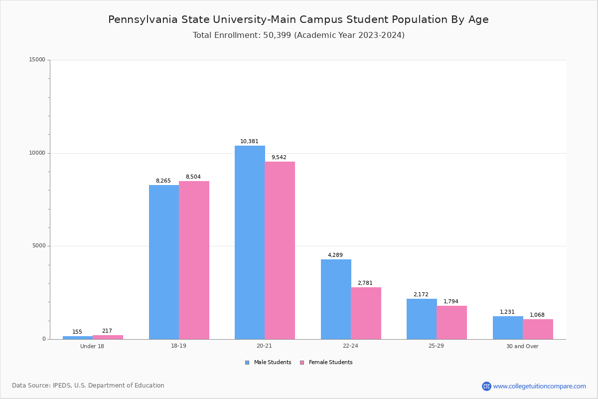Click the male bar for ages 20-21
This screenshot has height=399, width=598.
coord(250,242)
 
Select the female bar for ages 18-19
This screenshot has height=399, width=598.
coord(194,260)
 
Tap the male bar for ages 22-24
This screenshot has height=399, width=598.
coord(336,299)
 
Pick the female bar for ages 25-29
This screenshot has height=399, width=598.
coord(451,322)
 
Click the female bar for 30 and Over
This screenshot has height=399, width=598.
coord(538,329)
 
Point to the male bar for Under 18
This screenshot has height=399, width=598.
coord(78,338)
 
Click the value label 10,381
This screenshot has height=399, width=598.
coord(249,142)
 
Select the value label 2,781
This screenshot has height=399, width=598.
coord(365,283)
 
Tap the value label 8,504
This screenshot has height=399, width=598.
coord(193,177)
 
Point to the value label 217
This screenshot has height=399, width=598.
coord(107,331)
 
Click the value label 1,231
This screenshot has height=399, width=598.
coord(507,312)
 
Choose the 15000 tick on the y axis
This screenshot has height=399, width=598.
coord(37,60)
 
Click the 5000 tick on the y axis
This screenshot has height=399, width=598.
coord(39,246)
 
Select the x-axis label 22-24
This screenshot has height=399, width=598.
coord(350,346)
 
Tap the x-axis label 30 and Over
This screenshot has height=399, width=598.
coord(522,346)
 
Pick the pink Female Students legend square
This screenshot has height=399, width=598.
coord(302,363)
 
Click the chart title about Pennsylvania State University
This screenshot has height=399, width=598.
coord(299,19)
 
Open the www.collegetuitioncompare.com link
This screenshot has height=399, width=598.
coord(539,386)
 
